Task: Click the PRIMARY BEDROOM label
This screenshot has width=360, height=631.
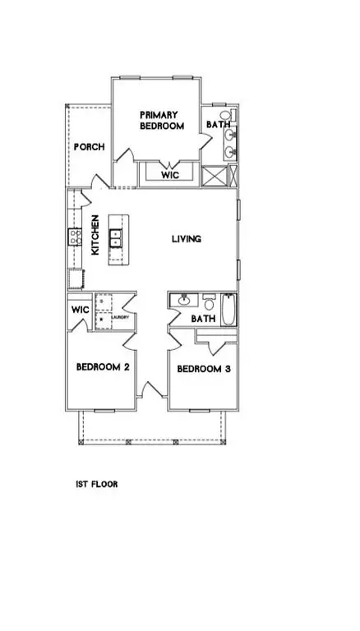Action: [159, 121]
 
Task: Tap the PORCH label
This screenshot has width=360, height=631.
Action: [89, 147]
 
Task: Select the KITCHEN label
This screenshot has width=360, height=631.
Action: [96, 236]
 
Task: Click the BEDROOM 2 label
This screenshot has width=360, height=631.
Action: [103, 367]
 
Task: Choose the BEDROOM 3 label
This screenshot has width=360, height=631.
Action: [203, 369]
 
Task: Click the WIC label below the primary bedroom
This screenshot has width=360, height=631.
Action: [170, 175]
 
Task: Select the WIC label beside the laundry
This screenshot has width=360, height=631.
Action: [80, 310]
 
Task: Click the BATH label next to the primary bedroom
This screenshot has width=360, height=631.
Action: [216, 125]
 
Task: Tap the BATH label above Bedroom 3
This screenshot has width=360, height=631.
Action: [203, 319]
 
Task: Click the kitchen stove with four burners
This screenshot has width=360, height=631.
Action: [74, 237]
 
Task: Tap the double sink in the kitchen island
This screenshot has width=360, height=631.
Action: [117, 238]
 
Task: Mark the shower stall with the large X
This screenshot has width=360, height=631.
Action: [215, 177]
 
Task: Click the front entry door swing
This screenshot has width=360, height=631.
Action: [149, 390]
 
